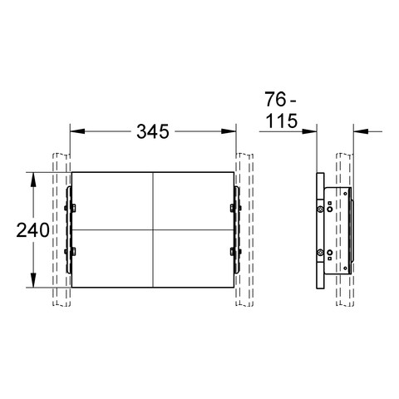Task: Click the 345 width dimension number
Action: point(153,131)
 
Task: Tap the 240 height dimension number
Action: point(32,230)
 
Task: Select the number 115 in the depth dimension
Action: point(282,121)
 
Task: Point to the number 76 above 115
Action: point(275,100)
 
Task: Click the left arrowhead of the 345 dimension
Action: point(77,131)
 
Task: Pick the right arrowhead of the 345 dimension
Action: point(229,131)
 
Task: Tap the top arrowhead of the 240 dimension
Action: point(33,180)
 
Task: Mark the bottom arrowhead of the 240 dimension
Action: point(33,280)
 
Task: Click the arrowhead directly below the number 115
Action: point(309,131)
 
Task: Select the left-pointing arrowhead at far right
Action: point(361,131)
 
